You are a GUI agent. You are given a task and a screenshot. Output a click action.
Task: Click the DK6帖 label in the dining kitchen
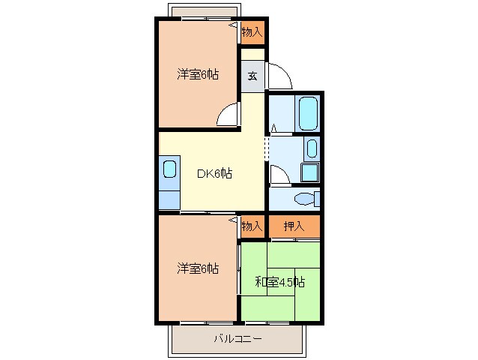click(x=215, y=174)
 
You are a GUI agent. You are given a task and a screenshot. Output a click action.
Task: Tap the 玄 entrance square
click(x=252, y=76)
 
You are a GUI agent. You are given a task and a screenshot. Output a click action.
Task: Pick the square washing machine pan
click(x=310, y=172)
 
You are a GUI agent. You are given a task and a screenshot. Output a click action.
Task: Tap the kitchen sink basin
click(x=170, y=168)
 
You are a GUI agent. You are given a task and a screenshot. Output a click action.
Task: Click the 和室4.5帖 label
click(x=279, y=282)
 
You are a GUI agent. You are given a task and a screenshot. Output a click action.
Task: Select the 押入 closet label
click(x=294, y=226)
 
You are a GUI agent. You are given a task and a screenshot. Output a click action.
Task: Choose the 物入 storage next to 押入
click(x=252, y=226)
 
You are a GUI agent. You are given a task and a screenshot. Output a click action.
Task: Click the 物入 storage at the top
click(x=252, y=32)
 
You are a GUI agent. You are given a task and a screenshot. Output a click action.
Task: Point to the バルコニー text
click(x=238, y=339)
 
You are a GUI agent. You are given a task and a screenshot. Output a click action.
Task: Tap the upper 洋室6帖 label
click(x=198, y=74)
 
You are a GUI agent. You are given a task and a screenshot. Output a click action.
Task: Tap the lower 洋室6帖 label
click(x=198, y=268)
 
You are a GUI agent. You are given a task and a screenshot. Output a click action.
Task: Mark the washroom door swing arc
click(x=278, y=175)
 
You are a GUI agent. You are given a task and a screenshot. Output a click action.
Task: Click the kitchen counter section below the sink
click(x=170, y=198)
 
